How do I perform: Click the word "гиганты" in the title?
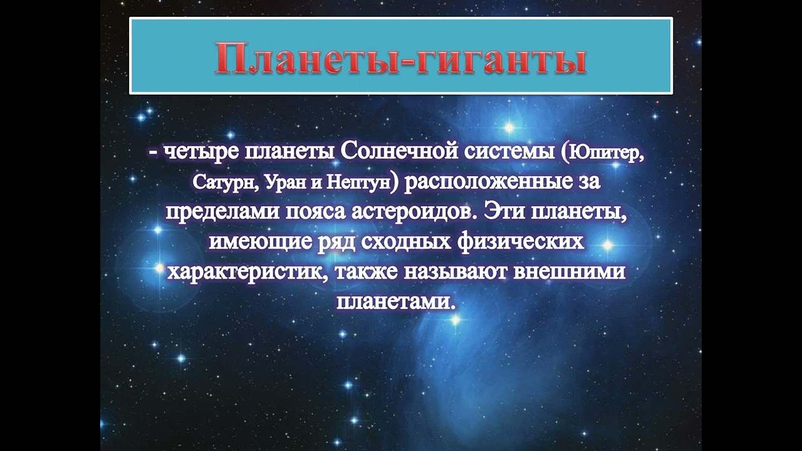[501, 58]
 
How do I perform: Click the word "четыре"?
[202, 152]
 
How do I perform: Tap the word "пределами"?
[222, 212]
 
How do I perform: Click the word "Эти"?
[503, 212]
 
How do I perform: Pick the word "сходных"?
[407, 242]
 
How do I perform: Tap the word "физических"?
[521, 242]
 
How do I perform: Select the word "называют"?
[456, 272]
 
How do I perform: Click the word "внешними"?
[570, 272]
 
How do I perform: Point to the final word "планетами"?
[397, 302]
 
